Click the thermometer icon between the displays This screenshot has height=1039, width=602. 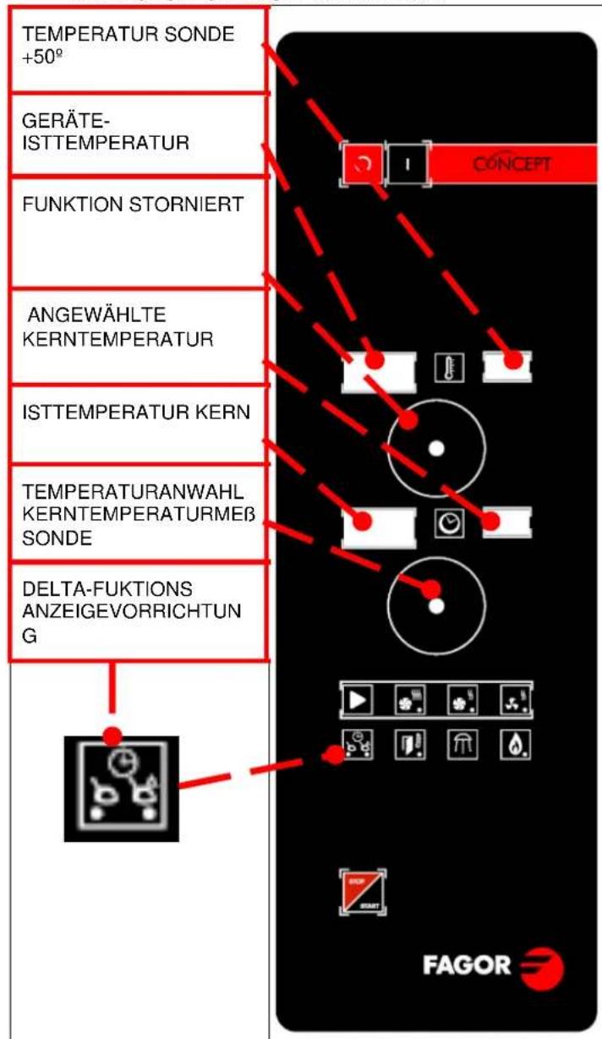(443, 369)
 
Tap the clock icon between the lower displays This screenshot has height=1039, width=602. (444, 525)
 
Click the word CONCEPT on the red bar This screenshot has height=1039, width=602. (506, 164)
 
